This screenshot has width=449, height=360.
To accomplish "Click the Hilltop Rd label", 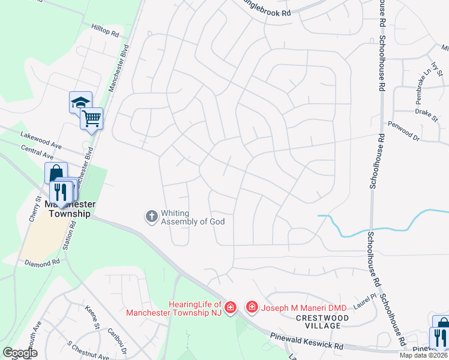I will (106, 31).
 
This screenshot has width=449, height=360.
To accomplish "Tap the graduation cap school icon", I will (80, 103).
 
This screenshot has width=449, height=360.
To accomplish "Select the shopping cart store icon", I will (91, 118).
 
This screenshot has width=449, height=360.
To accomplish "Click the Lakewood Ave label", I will (41, 139).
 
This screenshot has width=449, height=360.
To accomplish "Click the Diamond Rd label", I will (43, 262).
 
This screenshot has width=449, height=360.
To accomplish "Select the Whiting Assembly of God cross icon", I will (152, 215).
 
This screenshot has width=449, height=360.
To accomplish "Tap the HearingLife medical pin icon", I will (232, 308).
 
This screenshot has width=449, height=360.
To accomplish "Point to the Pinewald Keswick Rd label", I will (306, 342).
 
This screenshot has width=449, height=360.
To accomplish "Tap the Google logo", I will (20, 353).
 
